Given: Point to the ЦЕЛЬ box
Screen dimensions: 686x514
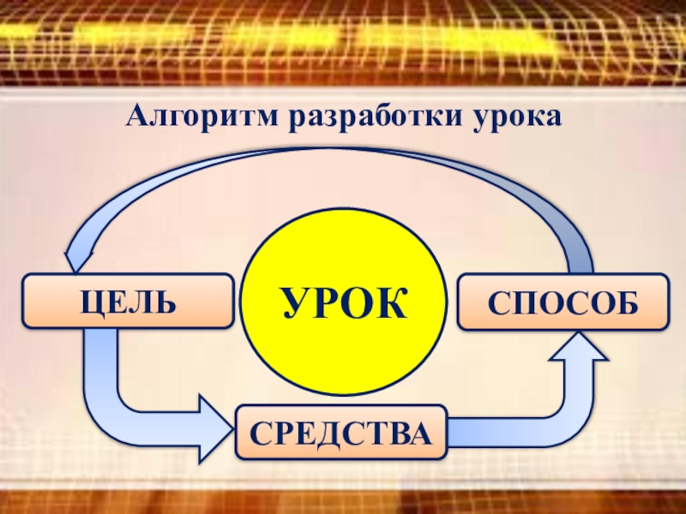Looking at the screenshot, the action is pos(128,301).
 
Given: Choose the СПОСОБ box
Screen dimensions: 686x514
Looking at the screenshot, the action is pos(563,302).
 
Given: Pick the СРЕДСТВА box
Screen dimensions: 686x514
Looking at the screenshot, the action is pos(340,431).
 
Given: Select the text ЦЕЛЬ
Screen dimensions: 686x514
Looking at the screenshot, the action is pos(128,301).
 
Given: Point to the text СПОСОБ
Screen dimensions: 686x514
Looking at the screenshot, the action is pos(563,302).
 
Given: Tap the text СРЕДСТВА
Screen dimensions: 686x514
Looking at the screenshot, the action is pos(340,432).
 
